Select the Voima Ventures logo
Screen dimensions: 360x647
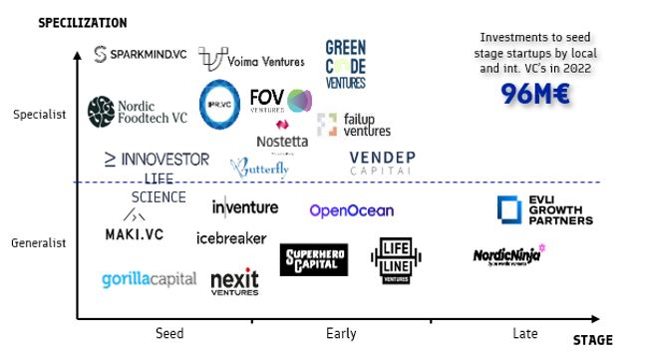click(x=251, y=60)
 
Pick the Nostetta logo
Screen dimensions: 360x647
click(x=282, y=137)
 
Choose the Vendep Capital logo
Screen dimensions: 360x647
click(x=383, y=163)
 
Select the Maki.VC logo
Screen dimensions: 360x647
click(x=135, y=227)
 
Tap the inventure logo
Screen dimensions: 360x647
click(x=245, y=207)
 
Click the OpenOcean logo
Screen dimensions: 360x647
click(x=351, y=210)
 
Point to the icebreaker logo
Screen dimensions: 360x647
click(x=231, y=238)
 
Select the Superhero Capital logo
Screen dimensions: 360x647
click(x=314, y=259)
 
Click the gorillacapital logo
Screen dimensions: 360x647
click(x=149, y=279)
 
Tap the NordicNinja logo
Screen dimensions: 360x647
click(x=508, y=256)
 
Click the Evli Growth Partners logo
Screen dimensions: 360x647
click(x=544, y=210)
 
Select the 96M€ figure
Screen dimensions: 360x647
click(x=535, y=94)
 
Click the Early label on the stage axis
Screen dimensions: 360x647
click(x=341, y=334)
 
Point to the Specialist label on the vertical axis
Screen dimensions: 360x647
click(x=40, y=115)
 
